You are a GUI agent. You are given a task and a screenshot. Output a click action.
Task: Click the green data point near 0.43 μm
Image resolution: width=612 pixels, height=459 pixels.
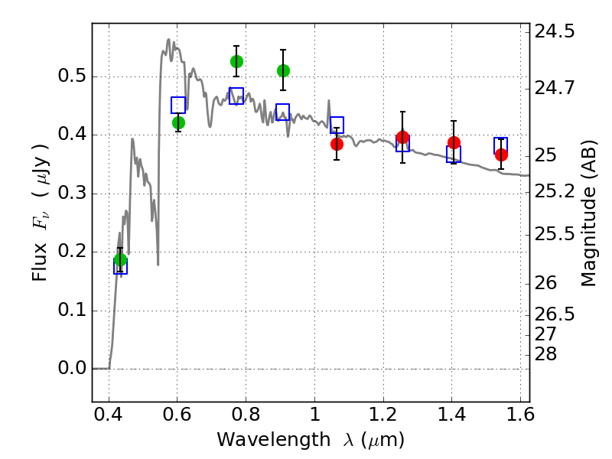121,259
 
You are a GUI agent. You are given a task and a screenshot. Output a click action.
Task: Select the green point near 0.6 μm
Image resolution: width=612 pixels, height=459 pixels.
178,123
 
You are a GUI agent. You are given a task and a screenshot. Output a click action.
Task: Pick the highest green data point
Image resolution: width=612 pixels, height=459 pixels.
236,61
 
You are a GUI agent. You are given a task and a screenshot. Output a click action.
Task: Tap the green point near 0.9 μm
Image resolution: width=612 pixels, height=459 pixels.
283,70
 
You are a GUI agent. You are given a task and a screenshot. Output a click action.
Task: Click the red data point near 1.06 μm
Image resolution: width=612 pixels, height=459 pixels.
337,144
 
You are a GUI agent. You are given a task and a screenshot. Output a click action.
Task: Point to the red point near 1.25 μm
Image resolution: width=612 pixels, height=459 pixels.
403,138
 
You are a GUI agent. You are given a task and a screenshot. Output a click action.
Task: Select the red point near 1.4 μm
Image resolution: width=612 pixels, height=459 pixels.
454,142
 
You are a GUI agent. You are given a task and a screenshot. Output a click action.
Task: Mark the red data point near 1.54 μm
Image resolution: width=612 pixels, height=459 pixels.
502,155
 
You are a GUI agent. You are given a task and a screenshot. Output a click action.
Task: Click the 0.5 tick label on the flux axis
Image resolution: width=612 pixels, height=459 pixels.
72,75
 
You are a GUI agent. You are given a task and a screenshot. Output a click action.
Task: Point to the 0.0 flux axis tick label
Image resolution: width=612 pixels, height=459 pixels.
72,368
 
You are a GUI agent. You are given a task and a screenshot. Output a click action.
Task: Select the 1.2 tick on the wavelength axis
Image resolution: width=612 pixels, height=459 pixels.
383,414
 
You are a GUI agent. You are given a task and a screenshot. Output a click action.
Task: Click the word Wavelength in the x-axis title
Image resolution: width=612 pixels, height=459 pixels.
274,439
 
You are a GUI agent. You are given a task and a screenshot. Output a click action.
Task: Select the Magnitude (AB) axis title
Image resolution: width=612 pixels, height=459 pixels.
588,213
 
